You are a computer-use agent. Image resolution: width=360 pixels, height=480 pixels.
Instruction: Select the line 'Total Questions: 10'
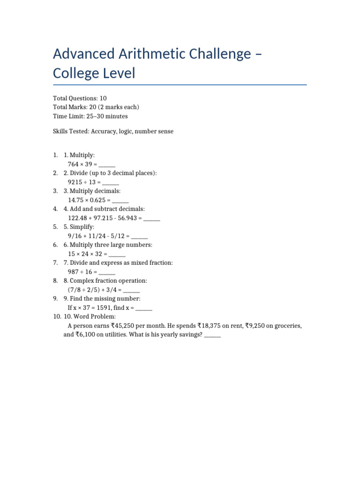point(80,98)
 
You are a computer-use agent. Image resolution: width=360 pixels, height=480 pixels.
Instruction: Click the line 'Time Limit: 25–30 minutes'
point(90,116)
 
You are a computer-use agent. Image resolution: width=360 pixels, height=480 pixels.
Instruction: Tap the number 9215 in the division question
point(75,182)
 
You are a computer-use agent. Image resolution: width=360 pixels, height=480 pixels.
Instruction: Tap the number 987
point(73,272)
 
